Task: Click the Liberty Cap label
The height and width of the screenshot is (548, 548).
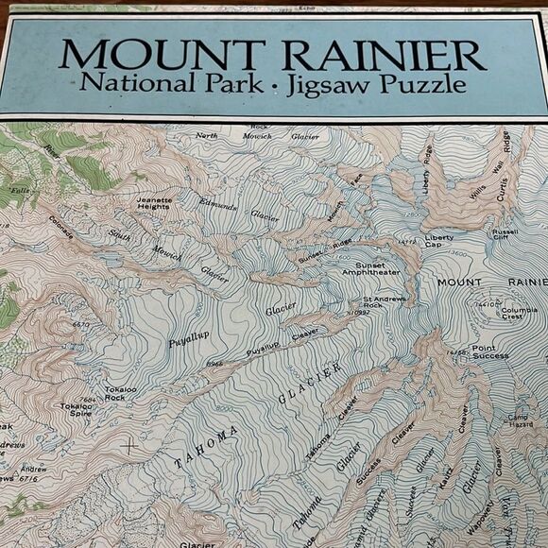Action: (x=439, y=241)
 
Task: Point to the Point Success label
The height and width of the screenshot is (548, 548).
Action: (x=484, y=351)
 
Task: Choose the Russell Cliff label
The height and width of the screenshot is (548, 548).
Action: (x=505, y=235)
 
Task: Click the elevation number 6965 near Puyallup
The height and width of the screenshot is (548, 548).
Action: (x=216, y=363)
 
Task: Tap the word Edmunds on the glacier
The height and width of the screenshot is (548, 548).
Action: (x=218, y=203)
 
